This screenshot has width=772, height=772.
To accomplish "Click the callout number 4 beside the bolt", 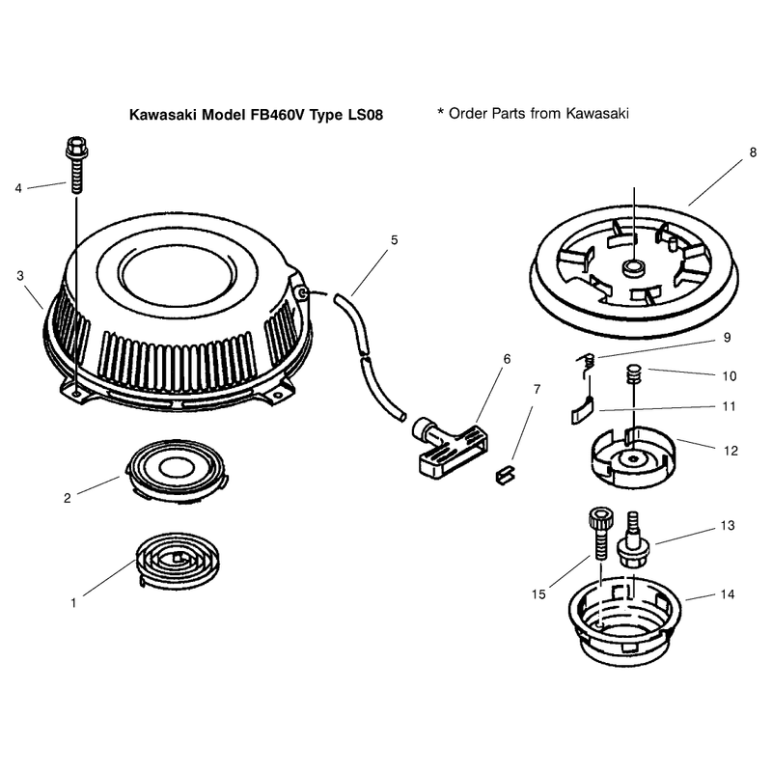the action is (18, 188).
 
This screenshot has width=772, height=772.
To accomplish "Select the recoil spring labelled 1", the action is (178, 560).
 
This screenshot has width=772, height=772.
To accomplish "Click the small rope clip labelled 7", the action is (506, 475).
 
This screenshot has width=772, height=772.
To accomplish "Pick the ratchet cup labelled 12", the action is (633, 457).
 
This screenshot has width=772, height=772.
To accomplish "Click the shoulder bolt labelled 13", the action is (634, 540).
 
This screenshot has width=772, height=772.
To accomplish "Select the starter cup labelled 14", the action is (624, 621).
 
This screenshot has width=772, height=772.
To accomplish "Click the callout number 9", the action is (728, 338).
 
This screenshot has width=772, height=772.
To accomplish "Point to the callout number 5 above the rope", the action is (395, 240).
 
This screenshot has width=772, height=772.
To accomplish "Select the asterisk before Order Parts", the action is (441, 111).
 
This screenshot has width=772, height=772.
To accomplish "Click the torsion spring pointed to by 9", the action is (587, 365).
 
